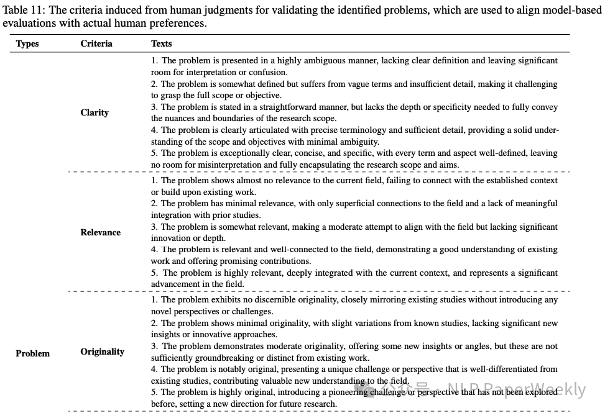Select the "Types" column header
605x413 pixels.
tap(27, 43)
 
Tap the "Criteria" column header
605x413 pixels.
tap(96, 43)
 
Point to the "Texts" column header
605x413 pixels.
tap(162, 43)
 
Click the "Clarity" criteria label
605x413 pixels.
tap(95, 112)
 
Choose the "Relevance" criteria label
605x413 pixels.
tap(100, 232)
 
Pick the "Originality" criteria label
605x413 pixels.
tap(102, 352)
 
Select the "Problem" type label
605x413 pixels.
tap(32, 353)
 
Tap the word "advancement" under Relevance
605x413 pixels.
tap(176, 284)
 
